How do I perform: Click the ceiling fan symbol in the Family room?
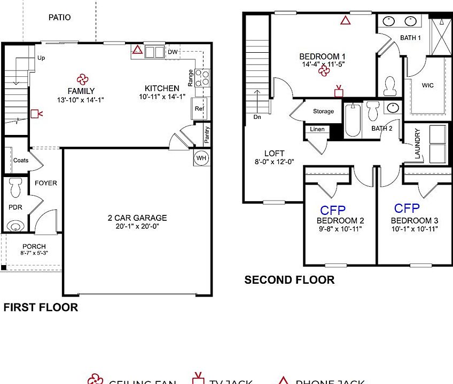[x=81, y=79]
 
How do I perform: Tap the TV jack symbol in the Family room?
[x=36, y=113]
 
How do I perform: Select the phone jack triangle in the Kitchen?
[x=137, y=50]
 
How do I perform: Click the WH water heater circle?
[x=201, y=158]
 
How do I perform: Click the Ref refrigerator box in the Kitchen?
[x=199, y=109]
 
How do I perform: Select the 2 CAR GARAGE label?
[x=137, y=218]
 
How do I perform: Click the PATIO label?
[x=59, y=18]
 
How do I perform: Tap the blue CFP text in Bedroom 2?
[x=332, y=210]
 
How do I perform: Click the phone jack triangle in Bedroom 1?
[x=346, y=21]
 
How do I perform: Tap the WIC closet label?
[x=427, y=85]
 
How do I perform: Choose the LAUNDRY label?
[x=418, y=145]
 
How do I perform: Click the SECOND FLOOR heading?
[x=289, y=280]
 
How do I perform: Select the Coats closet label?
[x=21, y=160]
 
